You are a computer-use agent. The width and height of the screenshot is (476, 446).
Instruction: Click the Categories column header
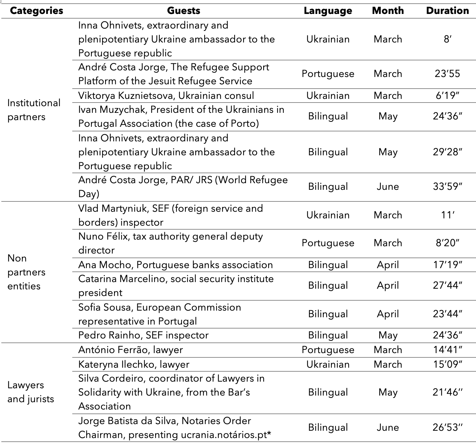tap(36, 11)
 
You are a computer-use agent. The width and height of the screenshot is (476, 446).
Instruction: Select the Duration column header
tap(447, 11)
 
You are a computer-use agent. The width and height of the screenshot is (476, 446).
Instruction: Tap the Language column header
tap(328, 11)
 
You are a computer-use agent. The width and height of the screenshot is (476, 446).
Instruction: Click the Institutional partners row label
tap(34, 110)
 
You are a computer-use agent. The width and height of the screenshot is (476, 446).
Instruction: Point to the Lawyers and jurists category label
tap(30, 392)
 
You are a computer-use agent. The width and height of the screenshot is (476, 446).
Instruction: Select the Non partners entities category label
tap(27, 272)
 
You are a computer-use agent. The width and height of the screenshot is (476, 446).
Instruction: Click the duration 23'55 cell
tap(447, 74)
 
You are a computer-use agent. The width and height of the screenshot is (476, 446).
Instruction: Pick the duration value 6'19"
tap(447, 96)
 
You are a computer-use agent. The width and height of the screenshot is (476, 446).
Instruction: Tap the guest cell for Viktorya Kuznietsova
tap(166, 96)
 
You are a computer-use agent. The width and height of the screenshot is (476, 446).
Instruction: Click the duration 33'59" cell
tap(447, 186)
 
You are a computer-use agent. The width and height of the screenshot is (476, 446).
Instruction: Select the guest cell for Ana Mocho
tap(175, 265)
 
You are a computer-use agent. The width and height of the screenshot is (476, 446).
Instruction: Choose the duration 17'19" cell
tap(447, 265)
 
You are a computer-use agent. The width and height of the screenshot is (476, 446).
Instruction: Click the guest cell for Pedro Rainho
tap(143, 335)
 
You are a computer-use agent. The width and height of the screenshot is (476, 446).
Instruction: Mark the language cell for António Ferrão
tap(328, 350)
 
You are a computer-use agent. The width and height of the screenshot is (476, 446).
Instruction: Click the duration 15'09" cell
tap(447, 364)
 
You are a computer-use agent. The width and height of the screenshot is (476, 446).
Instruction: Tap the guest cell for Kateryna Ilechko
tap(134, 364)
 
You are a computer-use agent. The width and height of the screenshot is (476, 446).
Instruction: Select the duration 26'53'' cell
tap(447, 427)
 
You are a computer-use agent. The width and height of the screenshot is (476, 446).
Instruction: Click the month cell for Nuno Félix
tap(387, 243)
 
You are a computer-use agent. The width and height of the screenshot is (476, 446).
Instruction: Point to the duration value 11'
tap(447, 215)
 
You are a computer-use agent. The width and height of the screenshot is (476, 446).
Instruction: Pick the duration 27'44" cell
tap(447, 285)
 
